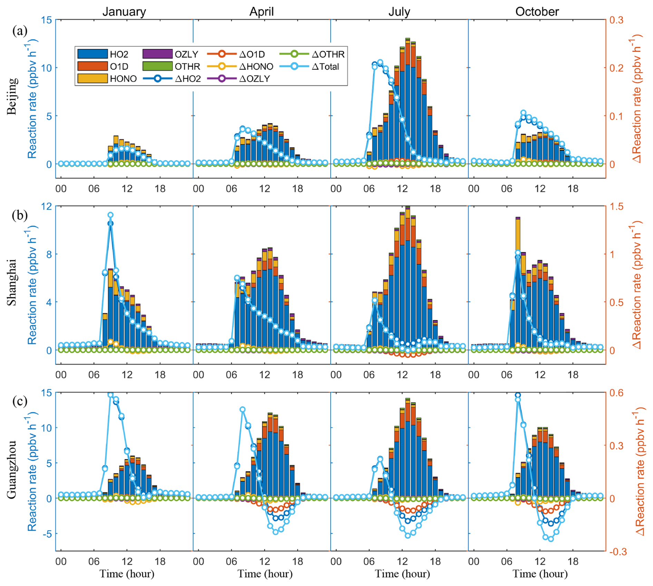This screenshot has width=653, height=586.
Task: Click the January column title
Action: tap(124, 12)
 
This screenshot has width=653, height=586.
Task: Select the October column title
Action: tap(537, 12)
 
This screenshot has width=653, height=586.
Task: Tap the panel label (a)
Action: tap(20, 31)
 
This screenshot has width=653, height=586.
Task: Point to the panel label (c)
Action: tap(20, 401)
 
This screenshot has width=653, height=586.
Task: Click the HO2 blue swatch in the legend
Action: tap(92, 54)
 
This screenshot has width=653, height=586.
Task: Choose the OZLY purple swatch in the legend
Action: tap(157, 54)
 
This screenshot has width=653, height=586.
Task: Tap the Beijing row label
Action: tap(12, 96)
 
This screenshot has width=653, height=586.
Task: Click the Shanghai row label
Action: tap(12, 282)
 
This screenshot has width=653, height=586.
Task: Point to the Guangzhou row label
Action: tap(12, 469)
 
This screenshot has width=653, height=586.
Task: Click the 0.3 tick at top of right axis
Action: tap(616, 20)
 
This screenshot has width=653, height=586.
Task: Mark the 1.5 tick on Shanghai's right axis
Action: tap(616, 206)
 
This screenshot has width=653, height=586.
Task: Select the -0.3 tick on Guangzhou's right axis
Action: tap(617, 552)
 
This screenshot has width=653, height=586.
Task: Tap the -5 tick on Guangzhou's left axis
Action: tap(47, 534)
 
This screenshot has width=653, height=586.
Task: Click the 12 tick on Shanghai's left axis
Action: tap(46, 206)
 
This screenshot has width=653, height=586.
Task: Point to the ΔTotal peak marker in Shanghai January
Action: tap(110, 215)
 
